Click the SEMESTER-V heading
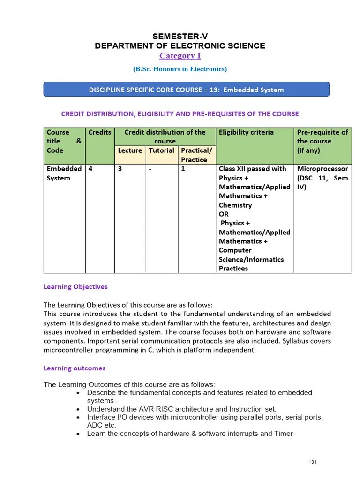point(180,36)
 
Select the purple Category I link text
point(180,56)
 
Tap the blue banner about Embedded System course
point(186,90)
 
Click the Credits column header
point(100,132)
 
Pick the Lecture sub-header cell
point(130,150)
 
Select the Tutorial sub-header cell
point(161,150)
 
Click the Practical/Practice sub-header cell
point(196,155)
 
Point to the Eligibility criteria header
point(246,132)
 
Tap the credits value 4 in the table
point(90,169)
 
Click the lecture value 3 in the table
point(120,169)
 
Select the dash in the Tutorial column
point(150,169)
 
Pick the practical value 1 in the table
point(183,169)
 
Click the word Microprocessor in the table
point(322,169)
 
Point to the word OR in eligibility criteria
point(224,214)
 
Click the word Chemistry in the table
point(235,205)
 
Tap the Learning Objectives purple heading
point(75,286)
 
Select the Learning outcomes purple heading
point(75,368)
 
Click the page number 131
point(313,463)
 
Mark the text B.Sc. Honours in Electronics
point(180,69)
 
